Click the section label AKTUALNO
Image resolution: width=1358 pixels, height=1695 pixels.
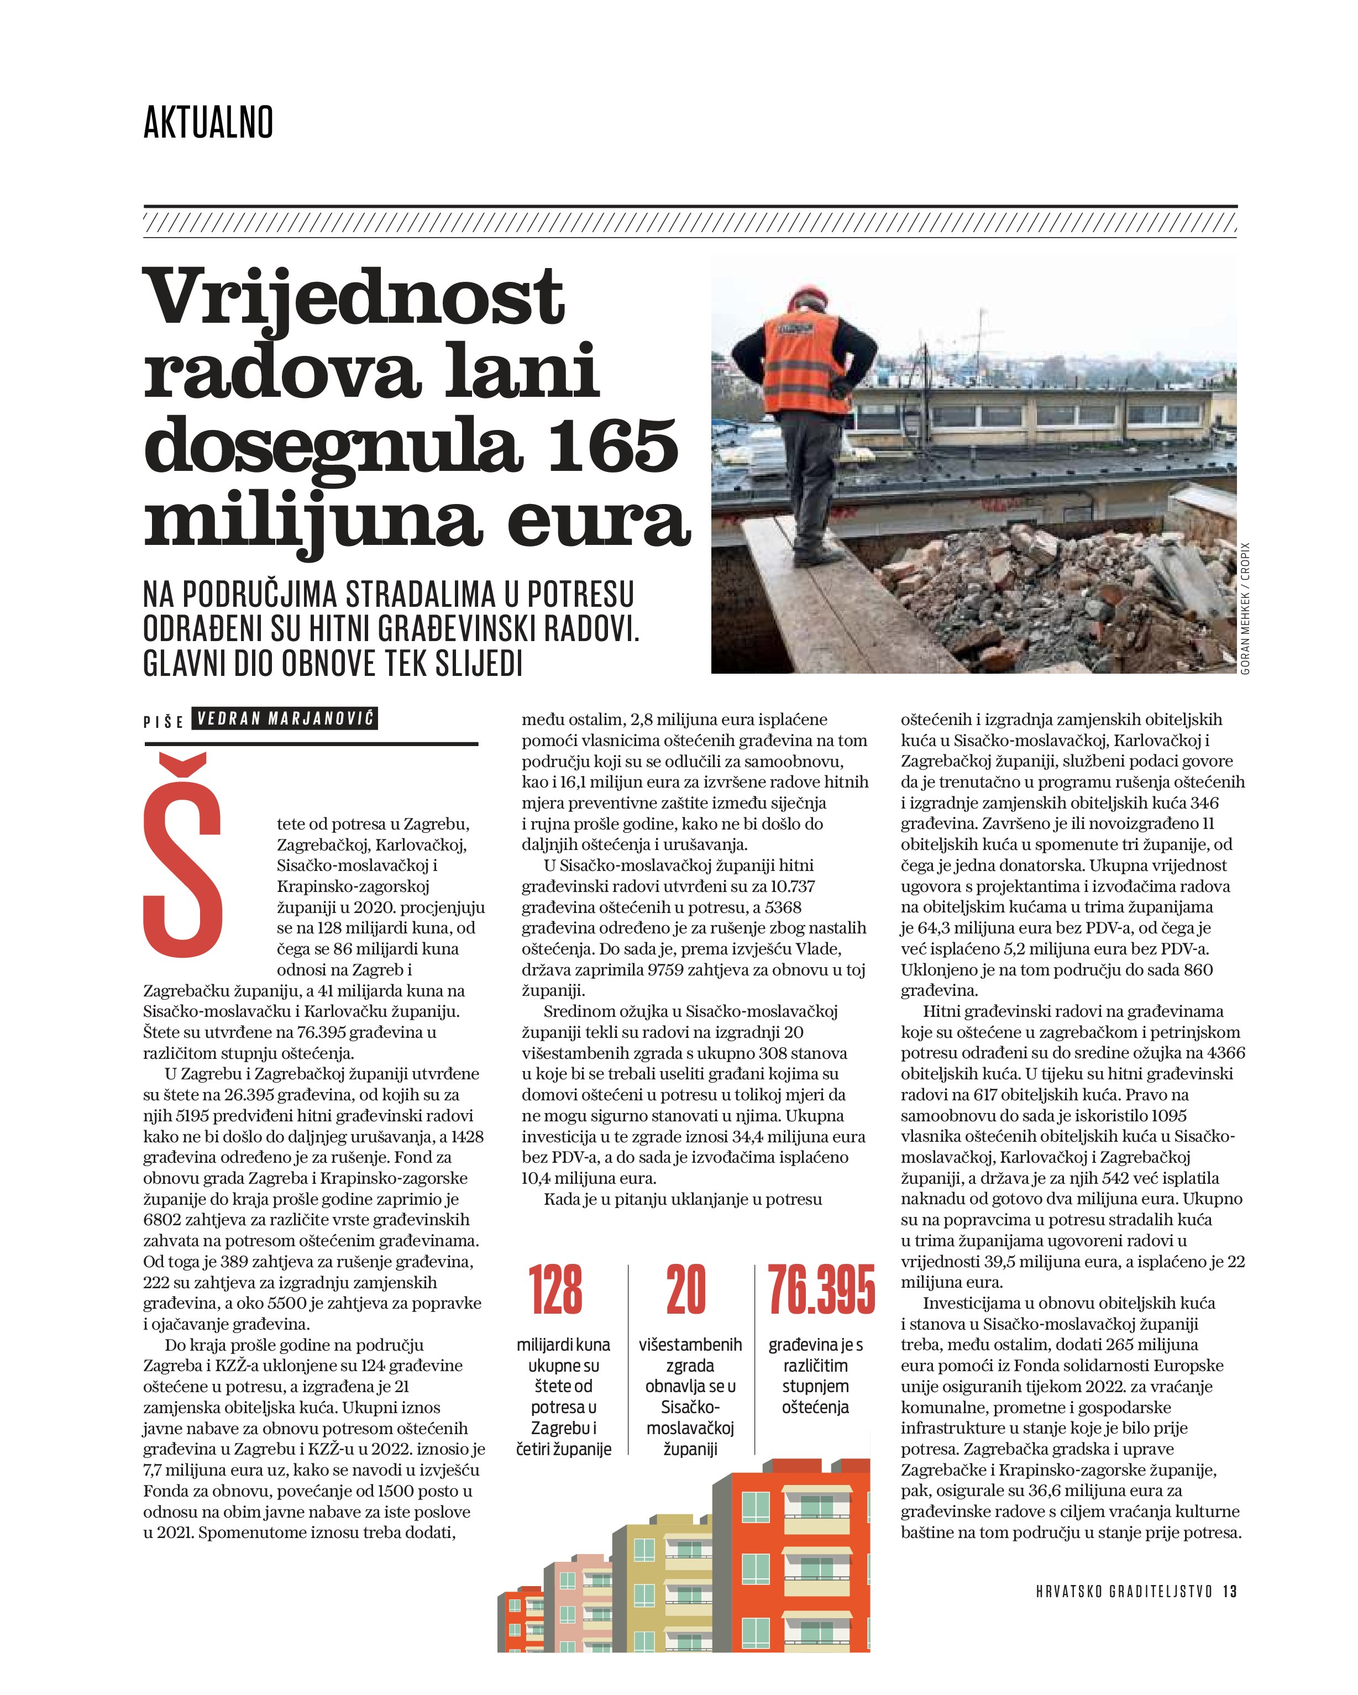click(x=208, y=123)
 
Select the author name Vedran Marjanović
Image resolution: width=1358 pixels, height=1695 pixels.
click(x=285, y=718)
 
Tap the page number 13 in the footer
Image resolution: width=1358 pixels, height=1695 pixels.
click(x=1230, y=1591)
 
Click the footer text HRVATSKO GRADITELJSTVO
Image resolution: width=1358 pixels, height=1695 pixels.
click(x=1124, y=1591)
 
